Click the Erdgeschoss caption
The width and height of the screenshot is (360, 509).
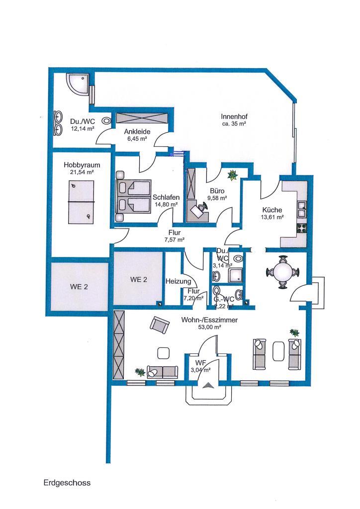click(67, 482)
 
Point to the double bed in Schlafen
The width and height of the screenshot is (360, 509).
click(133, 196)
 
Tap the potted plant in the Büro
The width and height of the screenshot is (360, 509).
click(232, 175)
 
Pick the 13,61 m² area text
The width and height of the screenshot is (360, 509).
click(272, 217)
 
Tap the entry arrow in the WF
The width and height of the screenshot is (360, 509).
click(208, 384)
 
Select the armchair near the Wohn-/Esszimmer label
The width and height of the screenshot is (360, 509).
click(160, 325)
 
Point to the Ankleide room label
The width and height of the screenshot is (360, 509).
click(136, 132)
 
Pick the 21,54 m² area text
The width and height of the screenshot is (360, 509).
click(82, 172)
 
